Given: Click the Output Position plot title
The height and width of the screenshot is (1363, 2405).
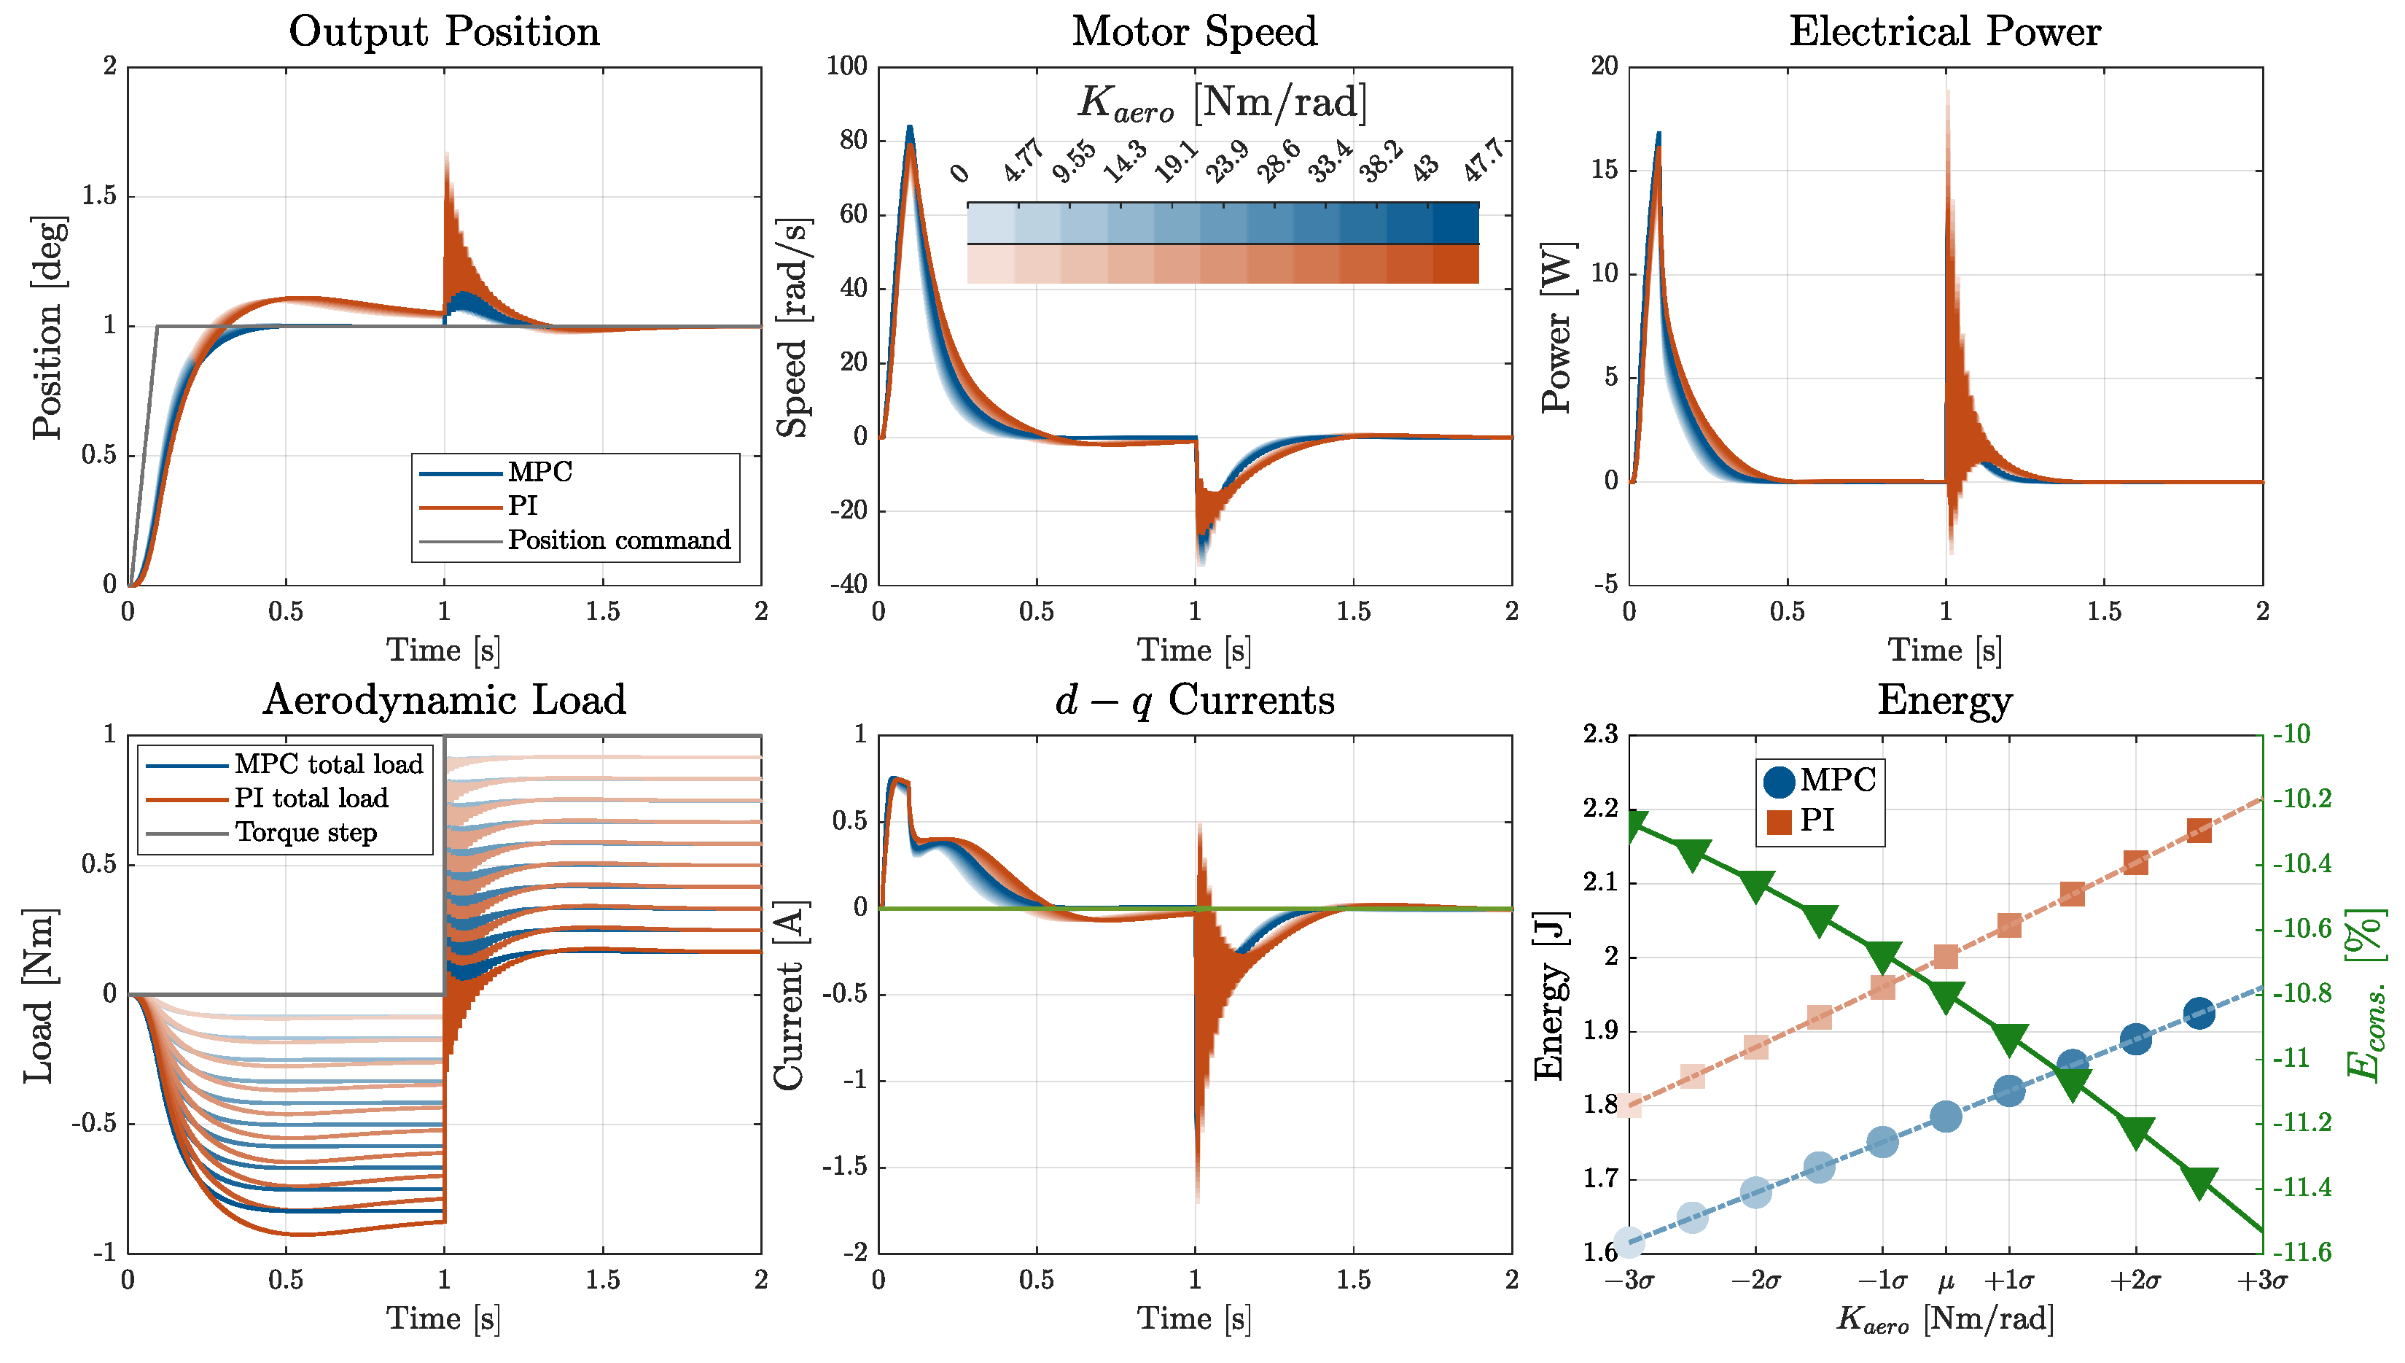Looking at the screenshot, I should click(x=443, y=32).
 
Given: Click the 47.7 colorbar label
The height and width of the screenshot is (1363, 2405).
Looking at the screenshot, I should click(x=1484, y=160).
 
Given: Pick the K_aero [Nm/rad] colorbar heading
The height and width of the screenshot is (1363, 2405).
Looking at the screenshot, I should click(x=1221, y=102).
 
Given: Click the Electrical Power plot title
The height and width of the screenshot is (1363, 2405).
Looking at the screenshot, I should click(x=1944, y=32).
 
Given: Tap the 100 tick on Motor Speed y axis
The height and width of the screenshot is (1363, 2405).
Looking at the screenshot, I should click(x=847, y=66).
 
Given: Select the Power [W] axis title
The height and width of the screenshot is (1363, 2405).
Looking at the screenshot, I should click(x=1557, y=327).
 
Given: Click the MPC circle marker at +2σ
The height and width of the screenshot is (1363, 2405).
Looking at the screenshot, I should click(x=2135, y=1039).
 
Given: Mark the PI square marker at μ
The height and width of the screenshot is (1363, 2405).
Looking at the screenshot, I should click(x=1946, y=958).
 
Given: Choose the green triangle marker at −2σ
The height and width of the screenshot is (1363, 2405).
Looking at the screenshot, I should click(x=1755, y=885).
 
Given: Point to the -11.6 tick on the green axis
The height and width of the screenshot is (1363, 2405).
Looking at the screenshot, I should click(x=2303, y=1253).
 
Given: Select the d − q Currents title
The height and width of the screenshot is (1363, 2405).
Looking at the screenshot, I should click(x=1194, y=700).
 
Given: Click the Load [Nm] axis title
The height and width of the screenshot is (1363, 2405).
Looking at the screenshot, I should click(x=39, y=994).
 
